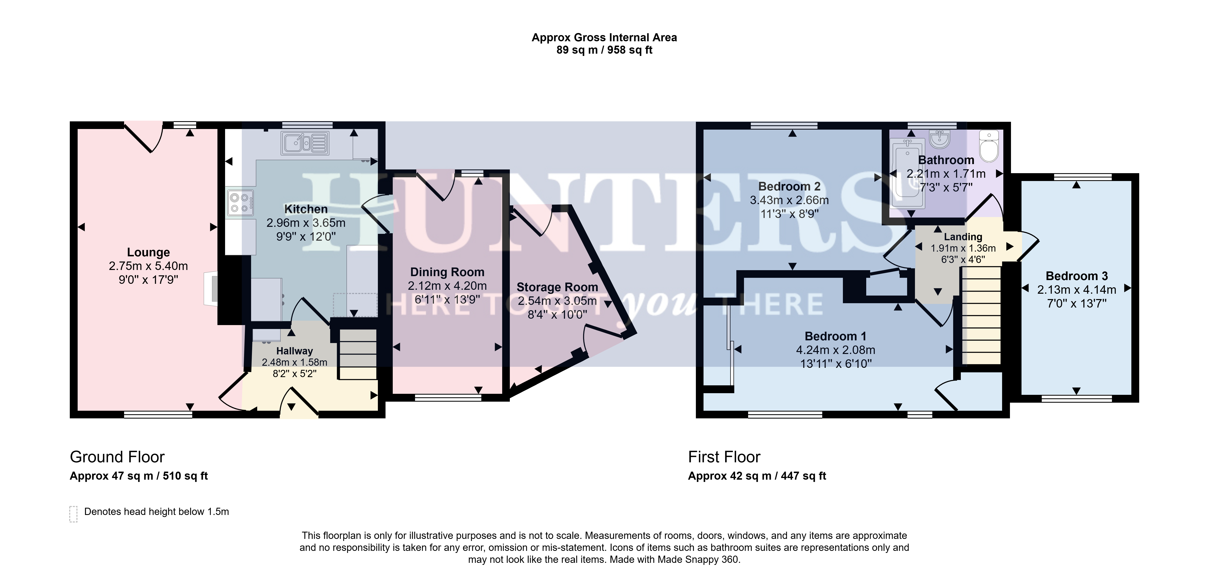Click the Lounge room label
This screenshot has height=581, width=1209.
point(148,252)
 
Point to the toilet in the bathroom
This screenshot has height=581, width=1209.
point(989,146)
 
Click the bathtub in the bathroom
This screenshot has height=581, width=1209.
point(908,173)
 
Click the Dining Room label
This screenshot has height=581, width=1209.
point(447,272)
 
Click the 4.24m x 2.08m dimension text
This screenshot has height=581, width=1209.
point(835,350)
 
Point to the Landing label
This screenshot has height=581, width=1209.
point(963,237)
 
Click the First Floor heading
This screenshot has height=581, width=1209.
point(724,457)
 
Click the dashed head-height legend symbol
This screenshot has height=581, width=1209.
point(73,514)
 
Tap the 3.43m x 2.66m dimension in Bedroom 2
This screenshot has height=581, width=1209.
point(789,200)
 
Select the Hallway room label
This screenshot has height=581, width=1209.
point(294,351)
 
